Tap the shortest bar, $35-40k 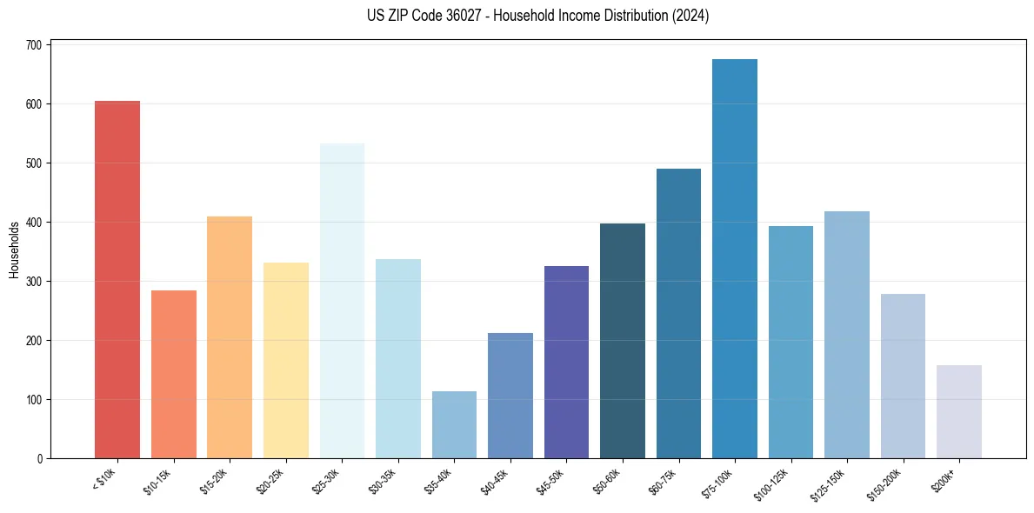coord(454,425)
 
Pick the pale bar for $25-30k coord(342,301)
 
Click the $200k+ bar coord(959,412)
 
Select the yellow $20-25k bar coord(286,361)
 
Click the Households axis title coord(15,250)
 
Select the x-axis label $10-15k coord(159,480)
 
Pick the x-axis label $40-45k coord(497,480)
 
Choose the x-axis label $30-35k coord(384,480)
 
